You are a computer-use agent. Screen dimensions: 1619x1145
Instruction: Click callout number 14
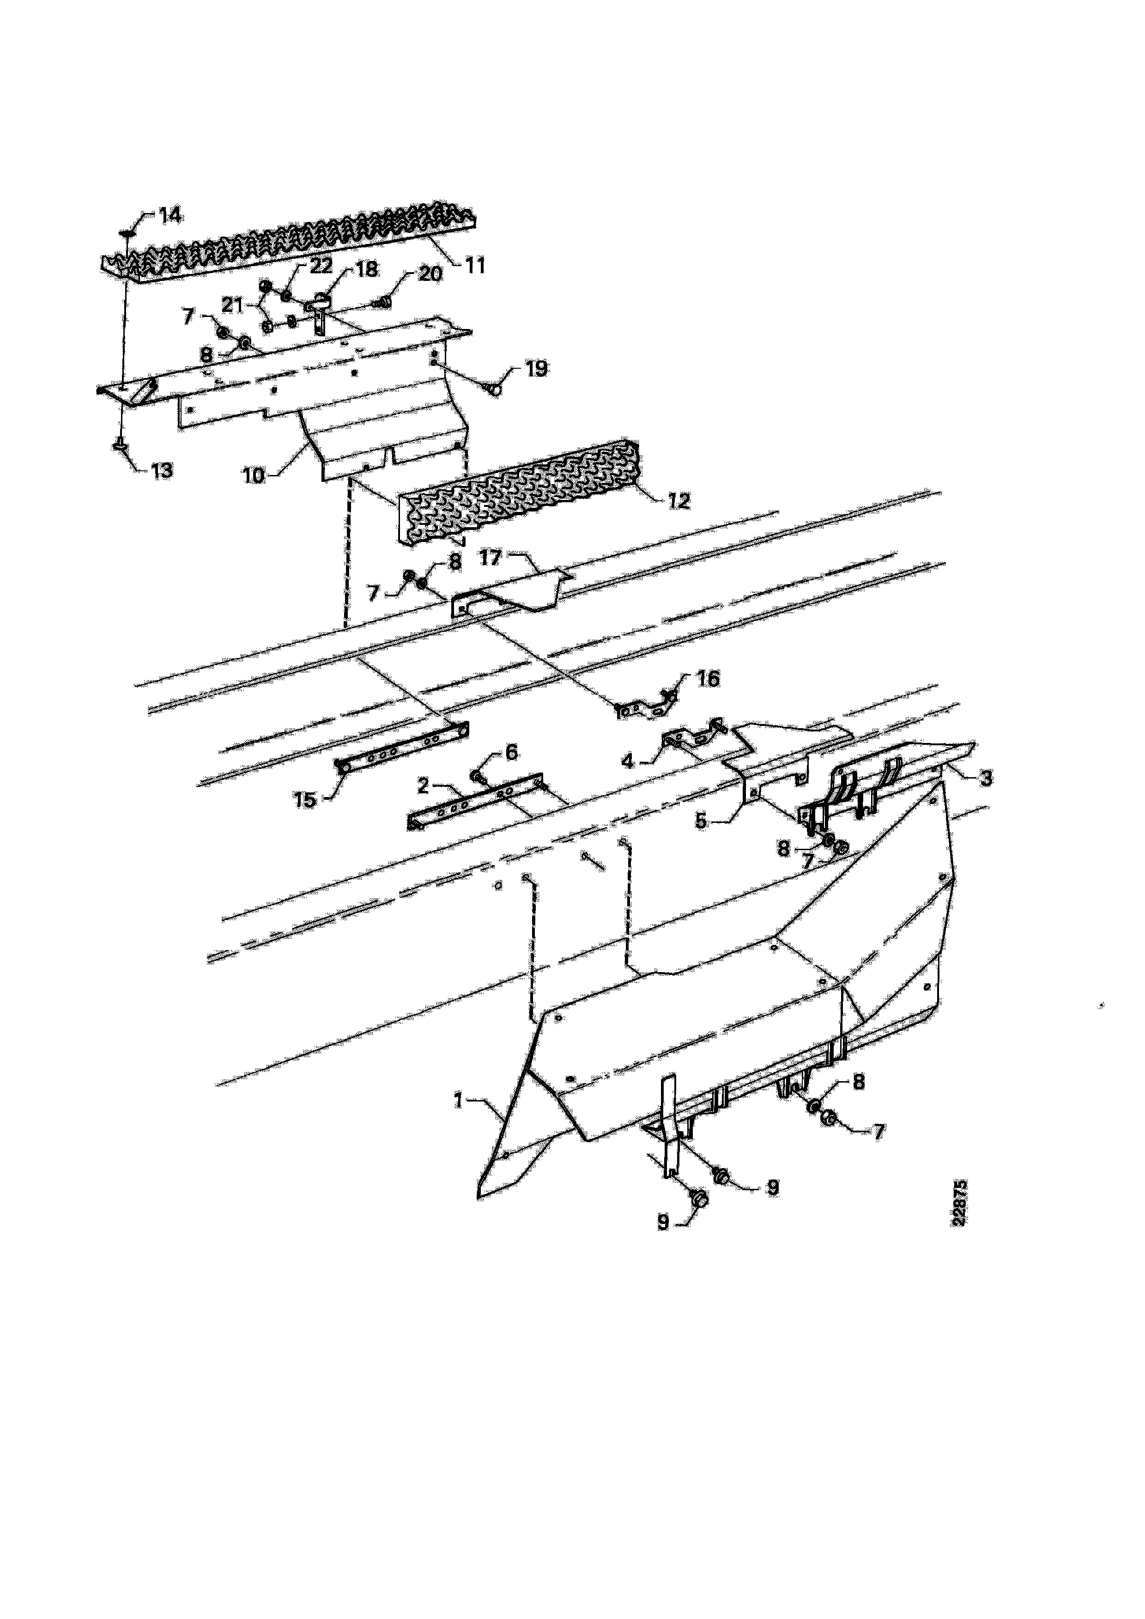[169, 215]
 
